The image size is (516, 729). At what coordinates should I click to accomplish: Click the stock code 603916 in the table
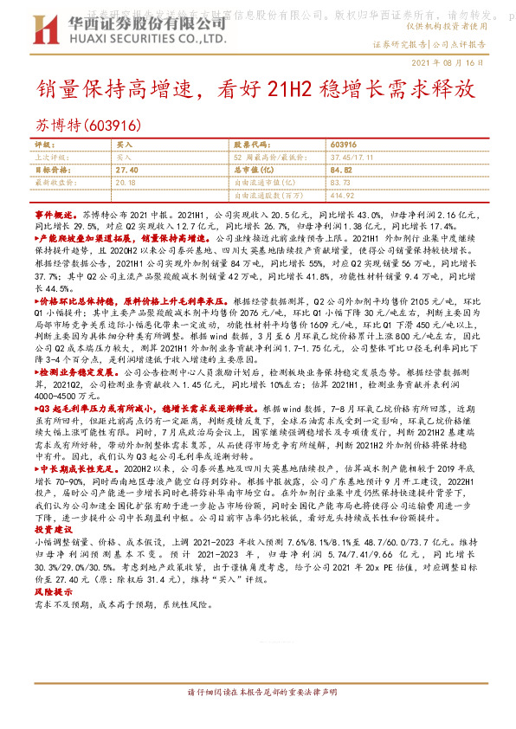pos(344,144)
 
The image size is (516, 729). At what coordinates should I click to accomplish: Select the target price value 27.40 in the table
pos(126,171)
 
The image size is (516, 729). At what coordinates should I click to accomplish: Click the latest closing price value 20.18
pos(126,184)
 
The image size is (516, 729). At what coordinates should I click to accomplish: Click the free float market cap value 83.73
pos(340,184)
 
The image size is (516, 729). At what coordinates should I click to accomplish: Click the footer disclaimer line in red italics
pos(260,694)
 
